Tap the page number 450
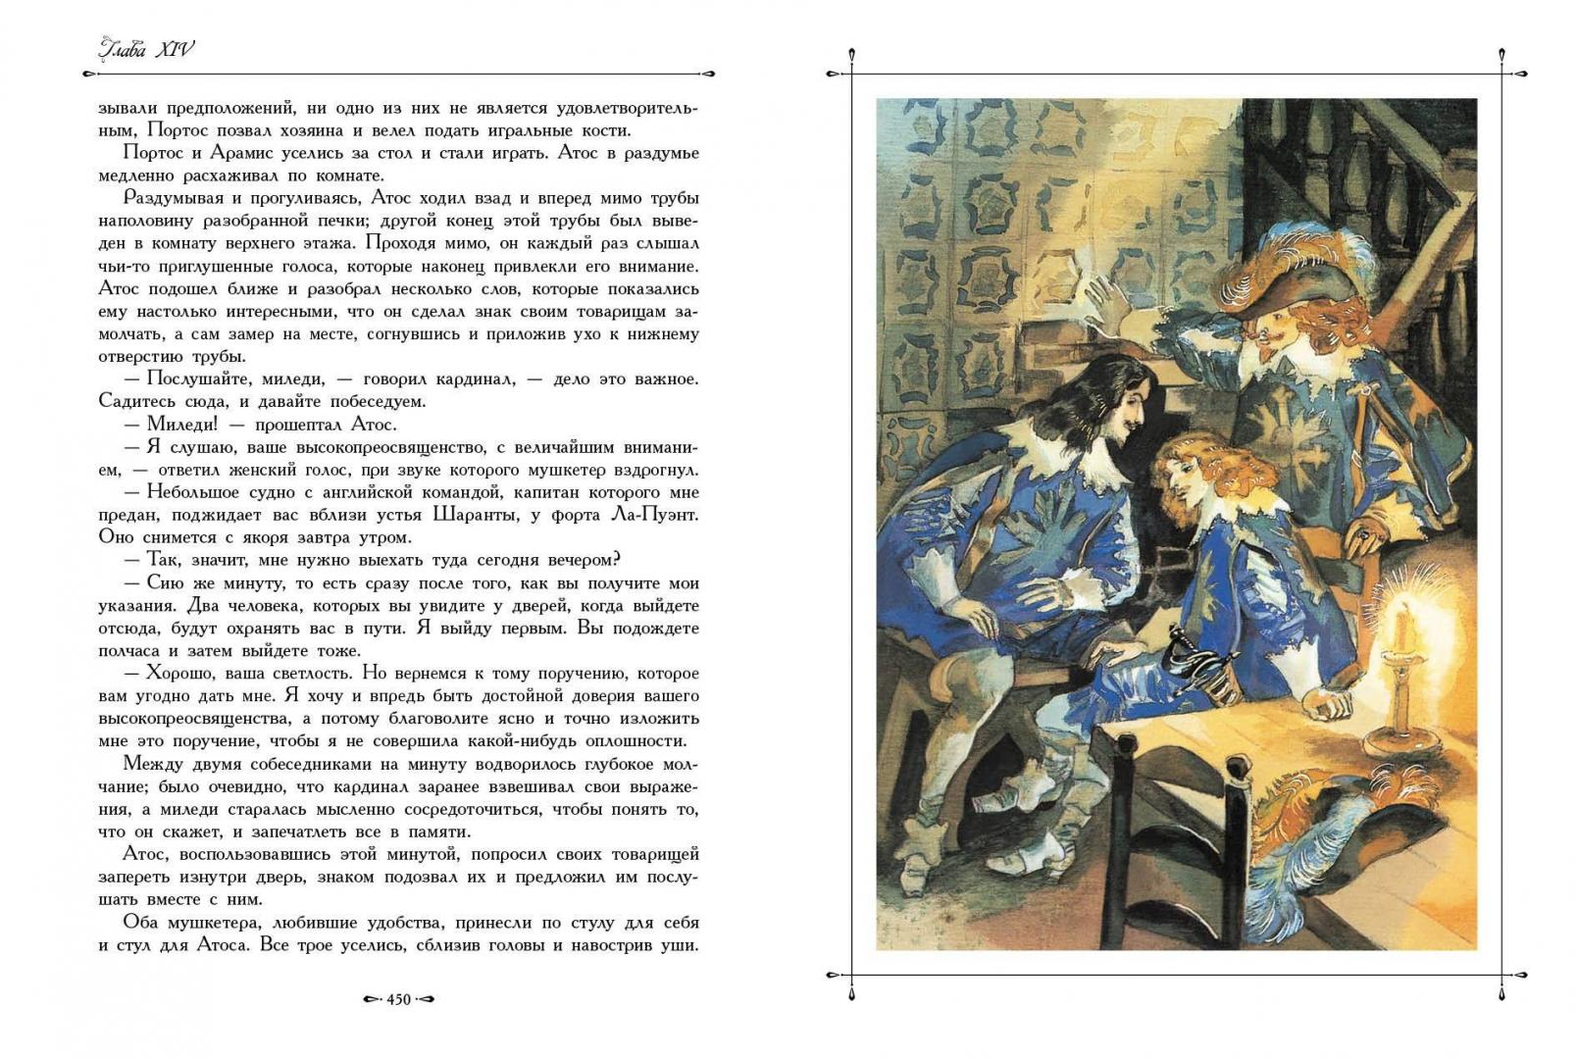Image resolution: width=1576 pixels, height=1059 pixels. (x=398, y=999)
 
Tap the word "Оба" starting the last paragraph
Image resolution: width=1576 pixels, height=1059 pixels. (x=141, y=923)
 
